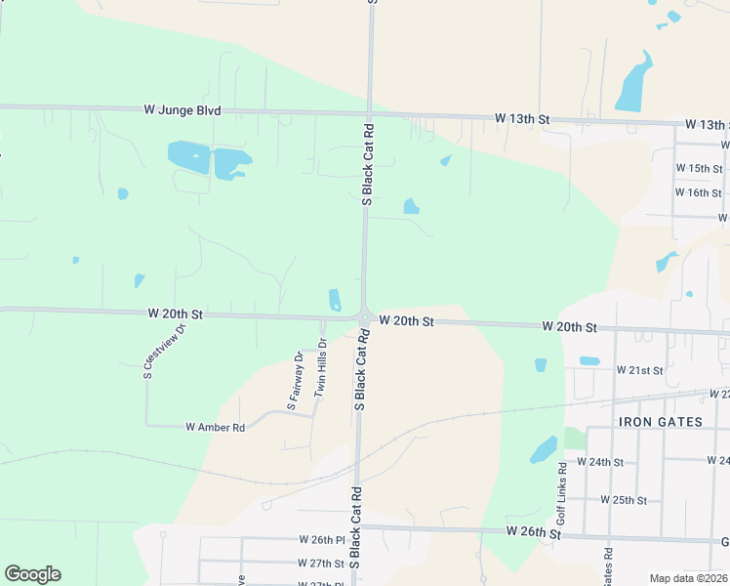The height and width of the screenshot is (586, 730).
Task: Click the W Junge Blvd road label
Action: point(182,110)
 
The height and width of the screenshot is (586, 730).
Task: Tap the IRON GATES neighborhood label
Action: point(661,421)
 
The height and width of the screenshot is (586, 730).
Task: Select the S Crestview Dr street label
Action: point(164,351)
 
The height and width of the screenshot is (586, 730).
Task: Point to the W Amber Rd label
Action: point(215,427)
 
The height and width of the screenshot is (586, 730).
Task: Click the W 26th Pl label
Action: point(322,539)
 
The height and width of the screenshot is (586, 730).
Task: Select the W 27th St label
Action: point(321,564)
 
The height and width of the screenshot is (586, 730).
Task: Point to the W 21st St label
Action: point(639,371)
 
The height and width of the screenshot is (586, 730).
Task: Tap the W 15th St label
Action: point(704,169)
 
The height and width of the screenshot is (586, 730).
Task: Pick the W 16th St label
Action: point(704,192)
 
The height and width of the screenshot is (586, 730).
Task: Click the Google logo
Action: point(32,574)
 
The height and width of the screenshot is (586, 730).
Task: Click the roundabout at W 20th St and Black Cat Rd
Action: point(364,318)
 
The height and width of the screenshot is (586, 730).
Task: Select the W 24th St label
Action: point(599,461)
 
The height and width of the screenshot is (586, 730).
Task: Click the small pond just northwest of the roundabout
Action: point(335,299)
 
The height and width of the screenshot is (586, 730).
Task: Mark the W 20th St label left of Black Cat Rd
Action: point(176,314)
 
